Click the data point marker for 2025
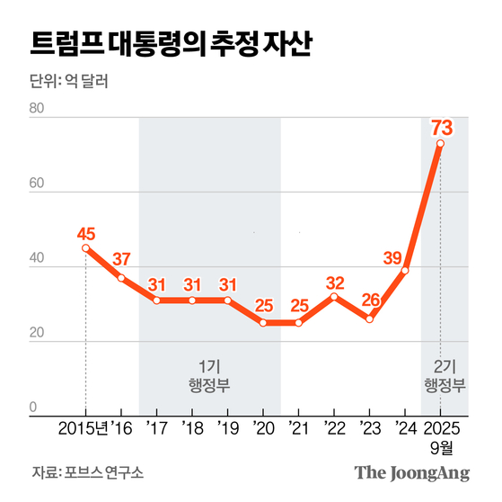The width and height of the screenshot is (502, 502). [441, 143]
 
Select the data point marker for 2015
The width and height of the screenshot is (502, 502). [85, 248]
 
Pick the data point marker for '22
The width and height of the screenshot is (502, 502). [334, 296]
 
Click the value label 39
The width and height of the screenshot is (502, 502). [392, 259]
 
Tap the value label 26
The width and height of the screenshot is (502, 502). [368, 299]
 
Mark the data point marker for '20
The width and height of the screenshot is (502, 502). [263, 322]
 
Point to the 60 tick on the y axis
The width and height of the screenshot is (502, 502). [37, 184]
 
